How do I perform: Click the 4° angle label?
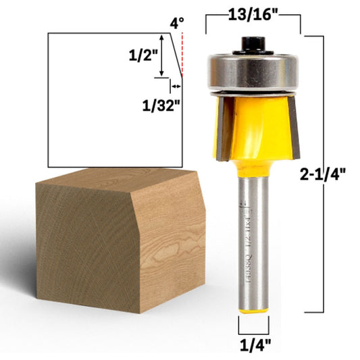tap(176, 23)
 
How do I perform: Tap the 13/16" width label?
tap(253, 14)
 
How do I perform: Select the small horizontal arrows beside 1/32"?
tap(175, 86)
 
